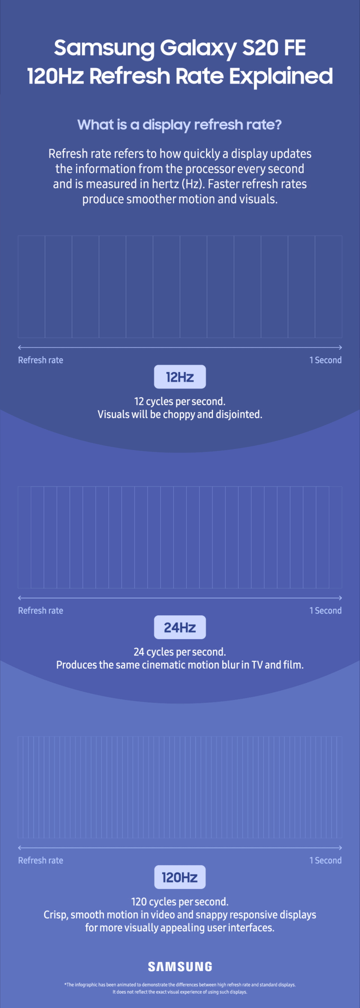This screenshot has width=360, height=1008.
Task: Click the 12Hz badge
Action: point(180,377)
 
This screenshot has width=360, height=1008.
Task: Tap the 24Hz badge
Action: point(180,627)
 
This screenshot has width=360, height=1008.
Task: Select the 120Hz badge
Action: point(180,877)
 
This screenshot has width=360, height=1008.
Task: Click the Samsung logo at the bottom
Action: point(180,967)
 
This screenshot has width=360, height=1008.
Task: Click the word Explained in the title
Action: point(280,76)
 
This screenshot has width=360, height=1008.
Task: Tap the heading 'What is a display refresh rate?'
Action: point(180,125)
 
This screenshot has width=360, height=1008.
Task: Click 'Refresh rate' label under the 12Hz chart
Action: point(40,360)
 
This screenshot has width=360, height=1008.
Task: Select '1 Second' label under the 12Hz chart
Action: point(325,360)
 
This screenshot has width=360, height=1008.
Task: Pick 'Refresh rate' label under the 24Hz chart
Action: point(40,611)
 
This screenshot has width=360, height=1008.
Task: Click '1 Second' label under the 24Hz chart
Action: point(325,611)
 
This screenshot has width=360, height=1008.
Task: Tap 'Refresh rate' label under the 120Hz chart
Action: point(40,860)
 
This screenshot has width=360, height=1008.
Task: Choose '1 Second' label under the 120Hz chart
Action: point(325,860)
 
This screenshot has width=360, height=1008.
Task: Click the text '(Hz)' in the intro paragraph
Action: point(193,184)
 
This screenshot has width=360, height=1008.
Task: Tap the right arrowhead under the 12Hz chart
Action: point(341,347)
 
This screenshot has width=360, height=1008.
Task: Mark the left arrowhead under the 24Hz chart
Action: point(19,598)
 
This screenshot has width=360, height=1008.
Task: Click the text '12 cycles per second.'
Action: point(180,401)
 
